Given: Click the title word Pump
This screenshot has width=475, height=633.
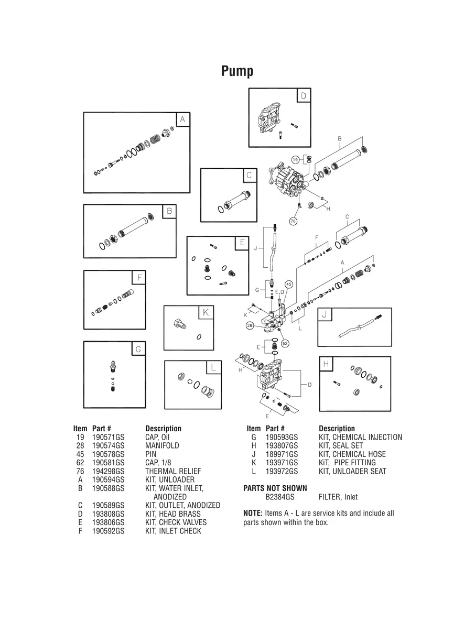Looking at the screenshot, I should click(x=237, y=71).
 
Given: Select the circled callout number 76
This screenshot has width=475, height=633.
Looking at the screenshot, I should click(x=293, y=222).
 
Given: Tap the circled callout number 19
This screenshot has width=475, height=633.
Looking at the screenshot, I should click(x=296, y=159).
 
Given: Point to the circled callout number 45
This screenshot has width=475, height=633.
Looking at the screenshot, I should click(x=288, y=285).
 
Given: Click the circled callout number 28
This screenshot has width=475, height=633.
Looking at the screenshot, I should click(x=250, y=325).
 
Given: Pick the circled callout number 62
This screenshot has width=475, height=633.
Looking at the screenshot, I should click(x=285, y=343).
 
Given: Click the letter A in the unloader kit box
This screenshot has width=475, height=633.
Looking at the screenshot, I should click(x=182, y=119).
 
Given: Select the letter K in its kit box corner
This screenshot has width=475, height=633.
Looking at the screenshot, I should click(x=206, y=313).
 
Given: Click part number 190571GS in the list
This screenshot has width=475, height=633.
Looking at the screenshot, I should click(x=108, y=437).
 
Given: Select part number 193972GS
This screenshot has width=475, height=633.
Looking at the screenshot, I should click(x=282, y=471).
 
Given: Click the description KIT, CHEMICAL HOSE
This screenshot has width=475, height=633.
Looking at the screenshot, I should click(x=352, y=454).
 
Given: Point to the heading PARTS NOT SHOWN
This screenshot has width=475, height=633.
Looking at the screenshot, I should click(x=275, y=488).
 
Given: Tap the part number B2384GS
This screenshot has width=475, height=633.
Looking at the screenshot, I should click(x=280, y=497).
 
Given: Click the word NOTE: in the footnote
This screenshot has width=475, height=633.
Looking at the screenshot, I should click(x=253, y=514).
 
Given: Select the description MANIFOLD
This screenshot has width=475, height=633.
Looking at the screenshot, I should click(x=162, y=445).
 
